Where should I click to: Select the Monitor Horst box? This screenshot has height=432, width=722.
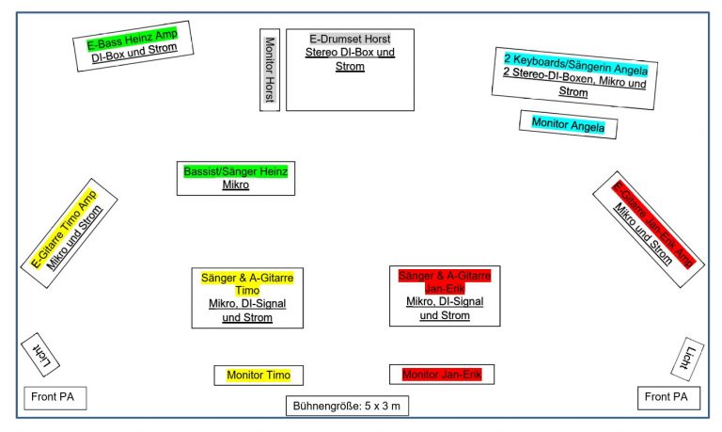coord(270,70)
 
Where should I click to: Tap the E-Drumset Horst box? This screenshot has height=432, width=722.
coord(350,69)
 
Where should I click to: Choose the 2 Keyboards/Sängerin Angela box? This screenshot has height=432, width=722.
coord(574,75)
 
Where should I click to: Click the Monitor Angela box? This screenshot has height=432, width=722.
coord(568,123)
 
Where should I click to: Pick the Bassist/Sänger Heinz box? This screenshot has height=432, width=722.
coord(236,178)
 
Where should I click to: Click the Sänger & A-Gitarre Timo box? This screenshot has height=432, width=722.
coord(247,297)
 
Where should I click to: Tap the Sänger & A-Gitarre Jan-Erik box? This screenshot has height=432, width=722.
coord(444,295)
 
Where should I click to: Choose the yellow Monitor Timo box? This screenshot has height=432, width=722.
coord(259,376)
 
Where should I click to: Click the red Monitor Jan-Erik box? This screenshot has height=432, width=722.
coord(442,375)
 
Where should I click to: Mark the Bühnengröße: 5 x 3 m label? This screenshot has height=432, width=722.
coord(348,407)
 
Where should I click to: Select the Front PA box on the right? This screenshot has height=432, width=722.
coord(667,398)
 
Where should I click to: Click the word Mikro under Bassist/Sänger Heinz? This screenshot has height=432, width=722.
coord(236,185)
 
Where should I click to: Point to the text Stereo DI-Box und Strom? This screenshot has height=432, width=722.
coord(350,59)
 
